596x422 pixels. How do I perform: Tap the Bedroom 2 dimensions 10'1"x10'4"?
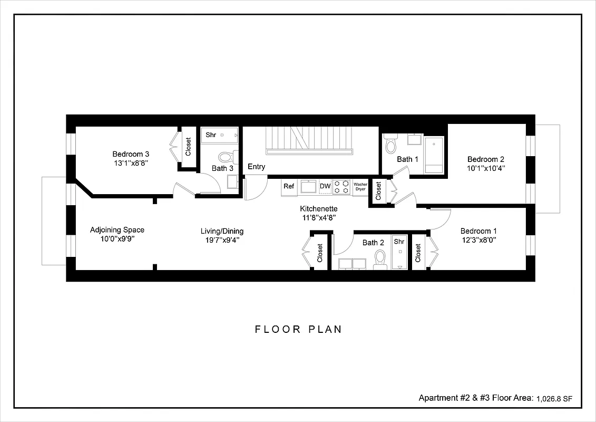(x=486, y=169)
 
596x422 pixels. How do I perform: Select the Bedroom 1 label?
(x=478, y=231)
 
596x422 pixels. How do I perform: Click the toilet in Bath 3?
(x=226, y=157)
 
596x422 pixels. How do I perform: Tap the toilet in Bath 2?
(x=380, y=259)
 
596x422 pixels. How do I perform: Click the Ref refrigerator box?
(x=289, y=187)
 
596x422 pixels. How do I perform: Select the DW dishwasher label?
(x=325, y=187)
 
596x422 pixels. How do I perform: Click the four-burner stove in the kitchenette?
(x=342, y=187)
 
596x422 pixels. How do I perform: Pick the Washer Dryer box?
(x=360, y=187)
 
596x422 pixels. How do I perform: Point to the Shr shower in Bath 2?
(x=399, y=251)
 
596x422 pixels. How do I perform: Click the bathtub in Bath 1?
(x=434, y=154)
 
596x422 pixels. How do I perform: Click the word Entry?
(x=257, y=167)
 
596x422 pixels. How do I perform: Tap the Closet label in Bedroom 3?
(x=188, y=147)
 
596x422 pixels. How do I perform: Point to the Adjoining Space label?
(x=117, y=230)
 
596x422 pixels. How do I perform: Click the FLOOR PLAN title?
(x=298, y=329)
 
